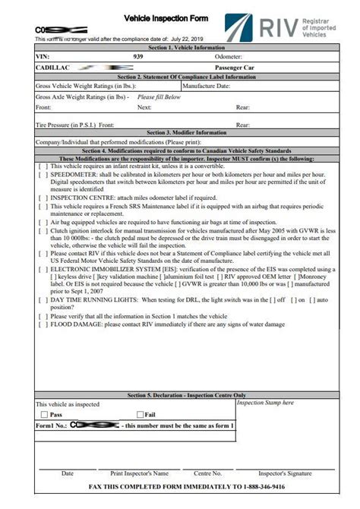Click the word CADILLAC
(53, 67)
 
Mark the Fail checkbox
(140, 415)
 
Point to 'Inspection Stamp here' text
(265, 403)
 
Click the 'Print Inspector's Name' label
(139, 473)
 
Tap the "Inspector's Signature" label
(285, 473)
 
